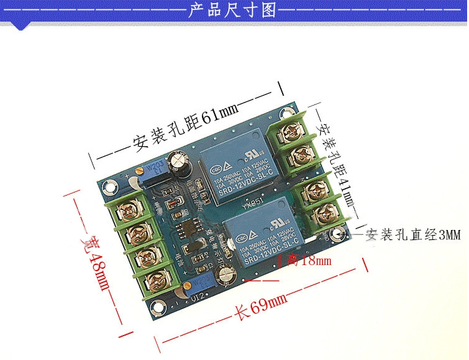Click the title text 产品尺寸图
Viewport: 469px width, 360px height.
click(232, 11)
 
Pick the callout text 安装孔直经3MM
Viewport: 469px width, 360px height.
click(413, 235)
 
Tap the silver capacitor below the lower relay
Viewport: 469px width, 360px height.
click(223, 275)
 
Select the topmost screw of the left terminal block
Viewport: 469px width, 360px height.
click(131, 209)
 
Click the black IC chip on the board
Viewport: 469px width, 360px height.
click(184, 228)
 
